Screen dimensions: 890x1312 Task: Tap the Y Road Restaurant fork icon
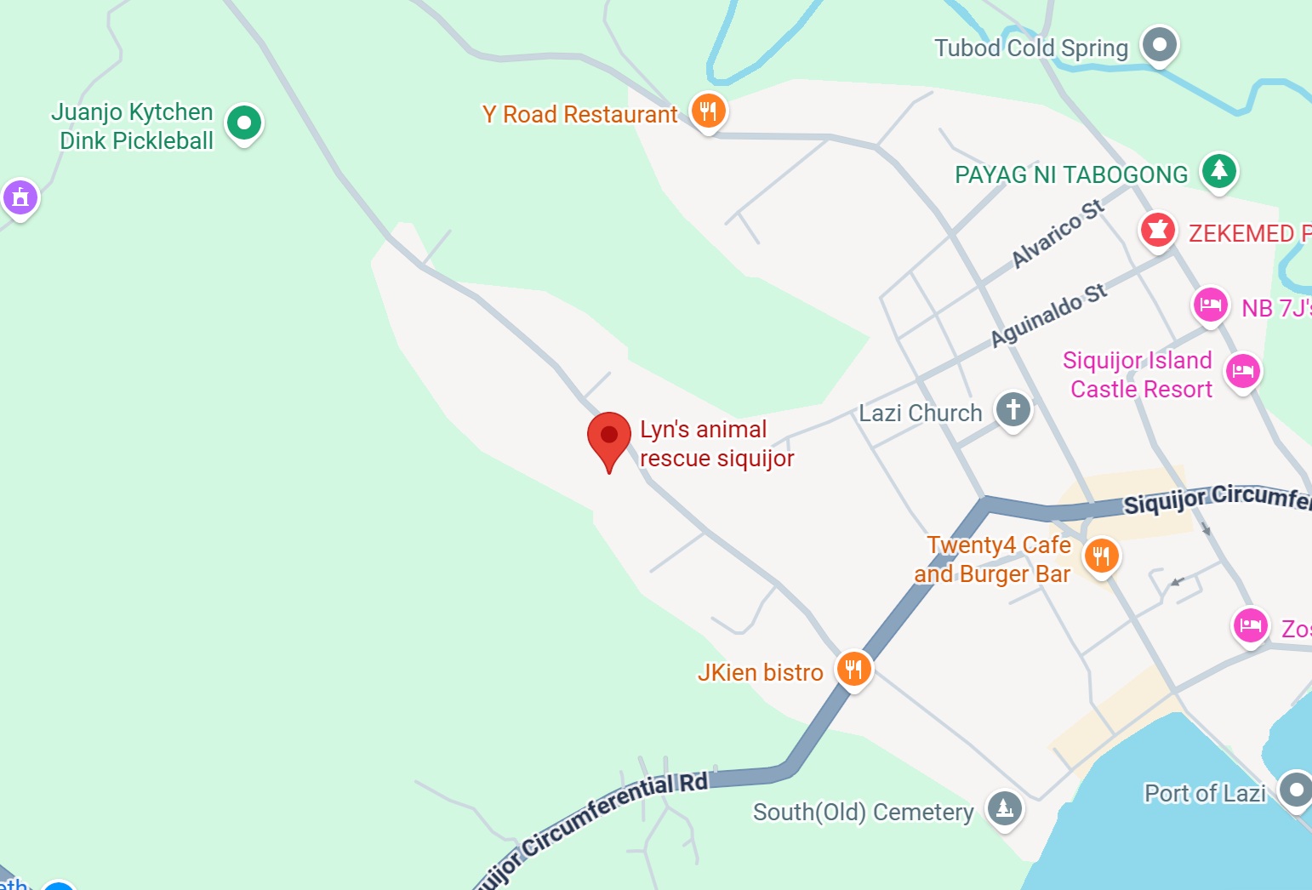click(708, 111)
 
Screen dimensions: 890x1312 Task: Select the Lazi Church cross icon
click(1013, 410)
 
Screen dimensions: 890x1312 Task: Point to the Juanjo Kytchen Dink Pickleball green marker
click(244, 123)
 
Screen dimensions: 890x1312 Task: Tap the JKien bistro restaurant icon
click(853, 669)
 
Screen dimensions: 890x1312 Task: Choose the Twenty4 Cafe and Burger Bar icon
click(1101, 556)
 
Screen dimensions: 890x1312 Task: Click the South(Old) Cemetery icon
click(1004, 807)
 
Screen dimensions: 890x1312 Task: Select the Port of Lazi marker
click(1296, 790)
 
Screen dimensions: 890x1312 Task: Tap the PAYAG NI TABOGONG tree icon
click(1218, 170)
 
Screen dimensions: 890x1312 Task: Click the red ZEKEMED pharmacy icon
click(1157, 230)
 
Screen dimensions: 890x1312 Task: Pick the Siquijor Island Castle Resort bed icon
click(1242, 370)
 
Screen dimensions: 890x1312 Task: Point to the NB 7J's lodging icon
click(1210, 305)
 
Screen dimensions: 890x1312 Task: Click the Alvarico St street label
click(1058, 233)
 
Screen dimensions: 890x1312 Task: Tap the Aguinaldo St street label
click(1049, 316)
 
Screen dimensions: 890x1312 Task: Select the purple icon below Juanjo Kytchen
click(20, 198)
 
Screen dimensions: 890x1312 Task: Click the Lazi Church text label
click(920, 414)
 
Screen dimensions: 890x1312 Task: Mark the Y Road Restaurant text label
click(579, 115)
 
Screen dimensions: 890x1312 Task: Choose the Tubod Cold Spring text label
click(1030, 48)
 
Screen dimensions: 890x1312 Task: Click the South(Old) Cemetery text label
click(863, 813)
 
